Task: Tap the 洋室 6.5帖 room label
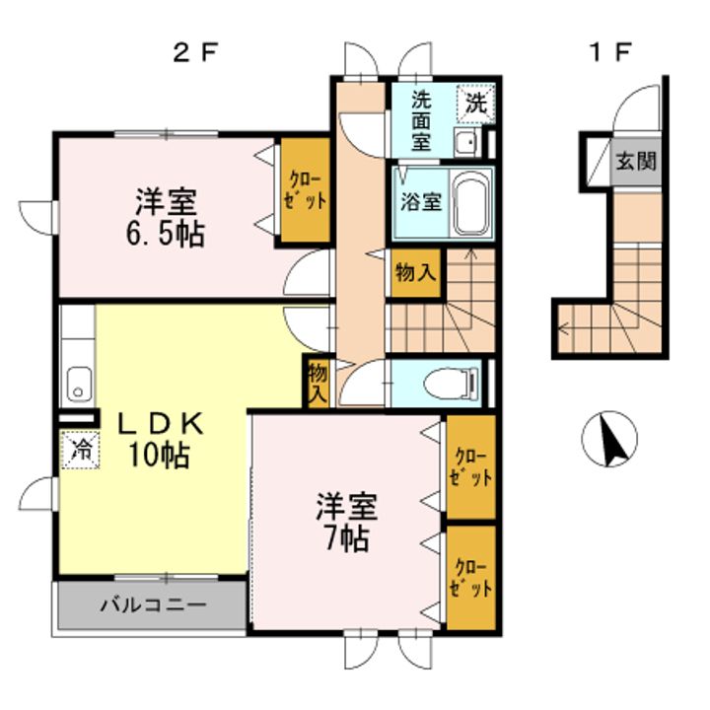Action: pos(170,218)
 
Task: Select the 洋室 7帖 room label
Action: pos(344,523)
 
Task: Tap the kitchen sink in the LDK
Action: pos(78,383)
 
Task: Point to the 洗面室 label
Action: pos(421,119)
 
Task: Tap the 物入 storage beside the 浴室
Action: pos(414,272)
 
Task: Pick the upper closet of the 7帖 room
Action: pos(470,467)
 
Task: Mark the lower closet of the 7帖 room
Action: pos(470,578)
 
